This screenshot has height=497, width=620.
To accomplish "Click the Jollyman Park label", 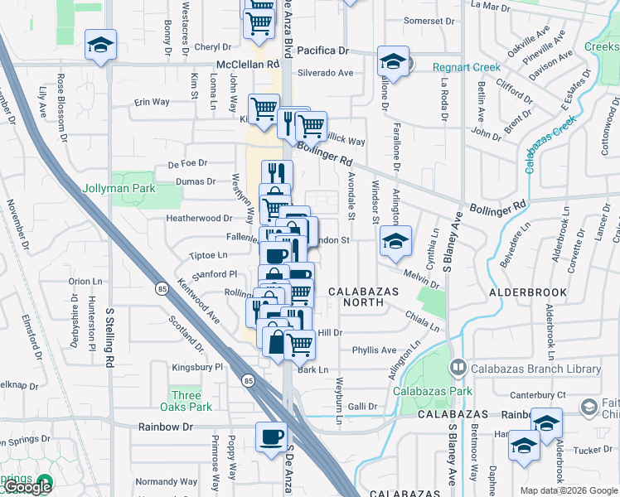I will tap(119, 189).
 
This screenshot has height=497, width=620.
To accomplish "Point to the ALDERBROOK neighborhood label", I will tap(528, 292).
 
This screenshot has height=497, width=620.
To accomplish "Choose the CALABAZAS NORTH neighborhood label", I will tap(364, 297).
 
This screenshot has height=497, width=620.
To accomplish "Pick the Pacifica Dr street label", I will tap(323, 51).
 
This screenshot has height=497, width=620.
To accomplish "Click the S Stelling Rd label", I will tap(109, 338).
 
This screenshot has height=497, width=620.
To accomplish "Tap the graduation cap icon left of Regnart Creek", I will tap(393, 61).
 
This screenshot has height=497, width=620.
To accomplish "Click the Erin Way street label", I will tap(152, 102).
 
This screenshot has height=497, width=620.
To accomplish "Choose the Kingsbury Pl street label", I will tap(197, 366).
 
